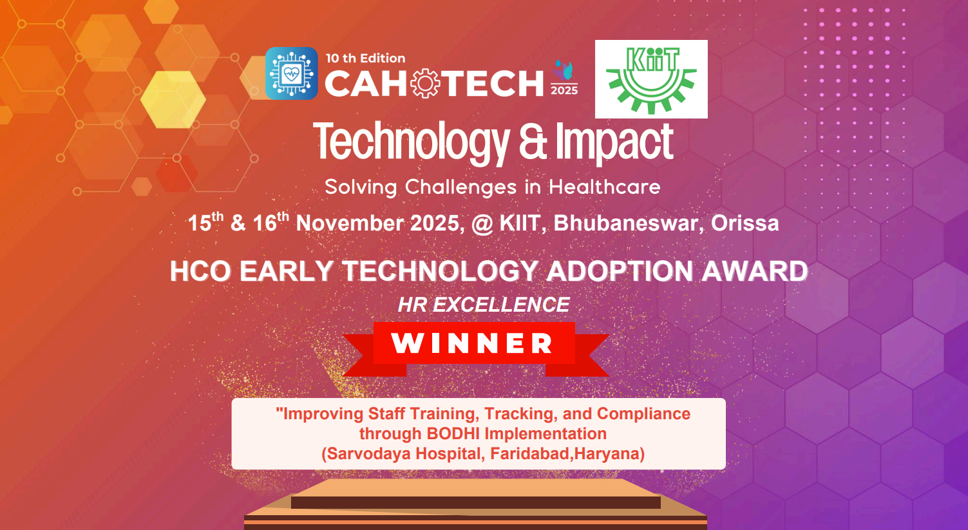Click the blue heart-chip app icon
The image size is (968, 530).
pyautogui.click(x=292, y=73)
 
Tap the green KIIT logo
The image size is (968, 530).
pyautogui.click(x=651, y=80)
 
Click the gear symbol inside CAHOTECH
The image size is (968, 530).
pyautogui.click(x=425, y=83)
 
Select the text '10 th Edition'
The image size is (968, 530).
pyautogui.click(x=366, y=59)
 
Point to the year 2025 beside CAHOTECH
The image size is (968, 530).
pyautogui.click(x=564, y=90)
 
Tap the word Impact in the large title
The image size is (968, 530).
pyautogui.click(x=614, y=142)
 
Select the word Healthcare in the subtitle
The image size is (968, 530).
pyautogui.click(x=605, y=187)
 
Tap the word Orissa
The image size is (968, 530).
pyautogui.click(x=745, y=223)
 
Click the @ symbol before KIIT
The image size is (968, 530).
pyautogui.click(x=482, y=224)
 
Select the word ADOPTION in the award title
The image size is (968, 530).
pyautogui.click(x=620, y=271)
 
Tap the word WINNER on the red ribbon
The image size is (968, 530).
pyautogui.click(x=472, y=343)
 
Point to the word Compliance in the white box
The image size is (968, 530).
pyautogui.click(x=643, y=414)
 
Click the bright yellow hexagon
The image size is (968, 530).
pyautogui.click(x=173, y=99)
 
